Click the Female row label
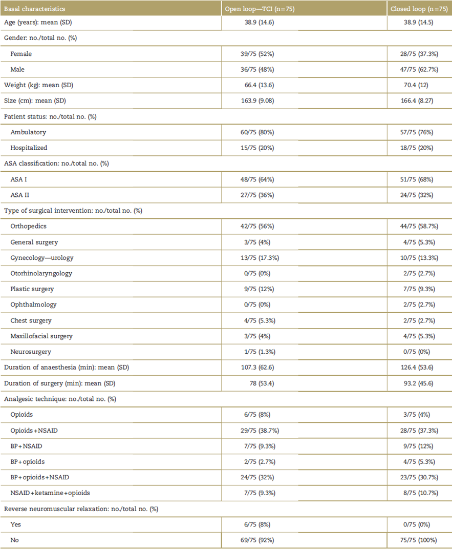click(21, 53)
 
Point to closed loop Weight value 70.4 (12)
click(419, 85)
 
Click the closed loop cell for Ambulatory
click(419, 132)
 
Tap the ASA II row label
click(20, 195)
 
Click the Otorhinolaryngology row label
click(41, 273)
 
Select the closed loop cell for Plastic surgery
click(419, 289)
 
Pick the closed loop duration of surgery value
click(419, 383)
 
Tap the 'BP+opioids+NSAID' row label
click(39, 477)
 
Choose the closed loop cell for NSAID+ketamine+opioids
click(419, 493)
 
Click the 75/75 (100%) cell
click(419, 540)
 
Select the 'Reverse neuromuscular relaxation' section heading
click(81, 509)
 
